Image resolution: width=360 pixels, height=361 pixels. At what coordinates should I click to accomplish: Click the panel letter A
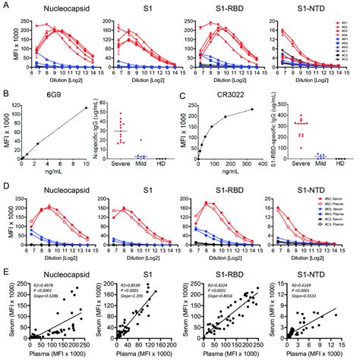tap(5, 5)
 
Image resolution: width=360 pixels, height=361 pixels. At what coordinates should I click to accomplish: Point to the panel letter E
tap(5, 271)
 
